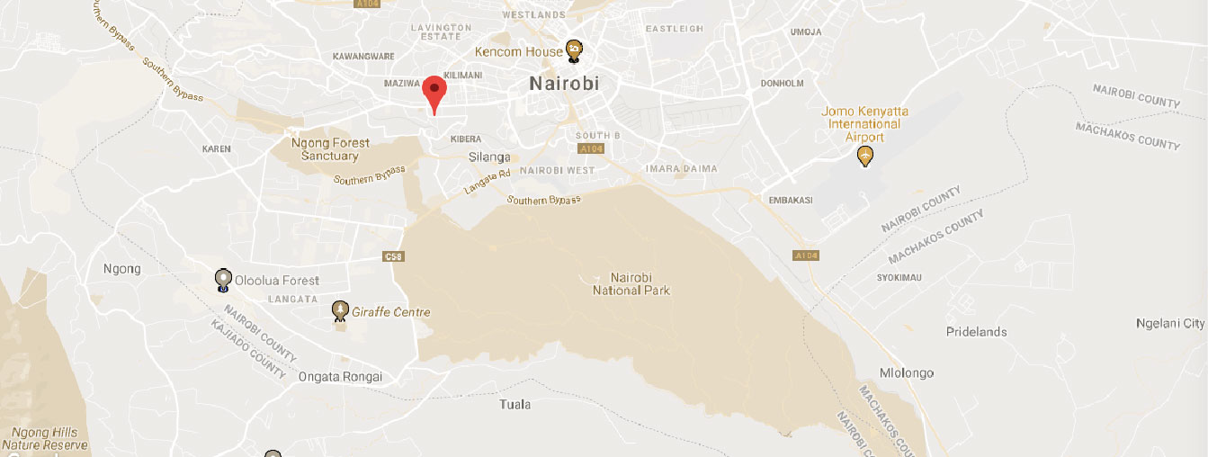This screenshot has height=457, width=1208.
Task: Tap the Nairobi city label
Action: point(563,84)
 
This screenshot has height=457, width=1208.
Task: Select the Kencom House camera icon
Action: point(573,51)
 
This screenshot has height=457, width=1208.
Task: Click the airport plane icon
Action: point(865,157)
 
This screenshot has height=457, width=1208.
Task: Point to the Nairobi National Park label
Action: point(631,283)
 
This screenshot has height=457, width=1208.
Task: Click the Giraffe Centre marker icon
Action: point(340,311)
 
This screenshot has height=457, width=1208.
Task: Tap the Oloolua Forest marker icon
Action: point(223,281)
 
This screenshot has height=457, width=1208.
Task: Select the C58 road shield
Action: point(393,256)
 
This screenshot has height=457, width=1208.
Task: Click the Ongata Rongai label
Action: point(341,377)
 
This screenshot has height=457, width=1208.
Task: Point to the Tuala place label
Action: point(515,405)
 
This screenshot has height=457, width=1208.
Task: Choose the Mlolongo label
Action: point(907,373)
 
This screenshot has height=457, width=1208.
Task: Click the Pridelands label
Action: point(977,332)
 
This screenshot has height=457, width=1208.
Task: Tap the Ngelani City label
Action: point(1170,324)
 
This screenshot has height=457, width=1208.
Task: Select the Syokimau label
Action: point(899,277)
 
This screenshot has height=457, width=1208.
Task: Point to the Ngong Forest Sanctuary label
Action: point(330,149)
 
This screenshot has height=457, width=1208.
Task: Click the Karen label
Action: point(217,148)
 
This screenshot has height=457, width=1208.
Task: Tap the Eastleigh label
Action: point(675,29)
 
